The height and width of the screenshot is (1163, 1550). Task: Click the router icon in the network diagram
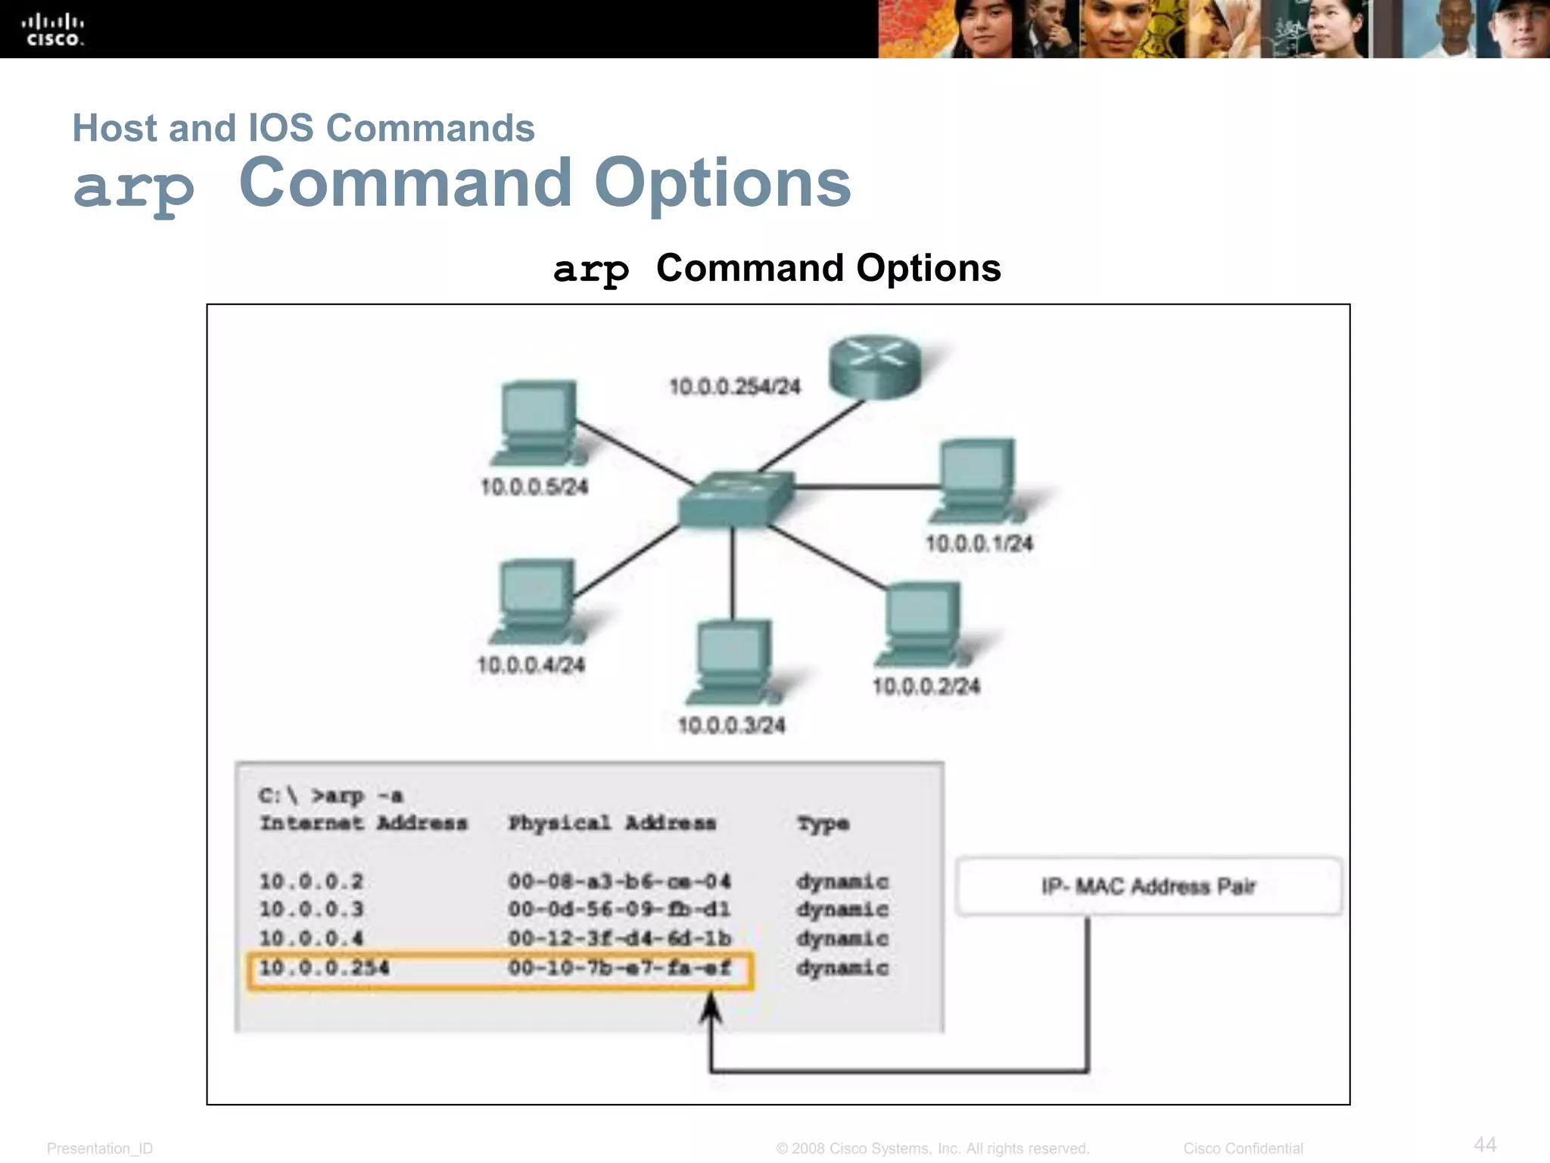pyautogui.click(x=875, y=367)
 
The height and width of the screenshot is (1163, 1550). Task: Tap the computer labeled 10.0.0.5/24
pyautogui.click(x=537, y=422)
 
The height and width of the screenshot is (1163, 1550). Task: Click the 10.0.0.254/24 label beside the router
pyautogui.click(x=734, y=387)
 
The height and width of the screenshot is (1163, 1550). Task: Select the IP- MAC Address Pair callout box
pyautogui.click(x=1148, y=886)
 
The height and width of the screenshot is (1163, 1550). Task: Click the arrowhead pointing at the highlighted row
pyautogui.click(x=710, y=1009)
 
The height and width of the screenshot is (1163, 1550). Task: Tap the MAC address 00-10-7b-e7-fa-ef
pyautogui.click(x=619, y=968)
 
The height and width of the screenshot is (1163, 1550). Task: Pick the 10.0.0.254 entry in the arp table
pyautogui.click(x=324, y=968)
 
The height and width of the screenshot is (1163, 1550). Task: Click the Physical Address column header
pyautogui.click(x=612, y=823)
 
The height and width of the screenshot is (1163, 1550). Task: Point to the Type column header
pyautogui.click(x=823, y=824)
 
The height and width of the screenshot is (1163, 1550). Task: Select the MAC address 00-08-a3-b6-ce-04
pyautogui.click(x=619, y=881)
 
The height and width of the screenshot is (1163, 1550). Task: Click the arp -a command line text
pyautogui.click(x=331, y=796)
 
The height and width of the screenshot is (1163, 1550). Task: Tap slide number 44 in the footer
pyautogui.click(x=1485, y=1144)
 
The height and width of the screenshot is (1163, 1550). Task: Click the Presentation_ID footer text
pyautogui.click(x=100, y=1149)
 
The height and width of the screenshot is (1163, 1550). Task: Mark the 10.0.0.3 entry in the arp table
pyautogui.click(x=311, y=909)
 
